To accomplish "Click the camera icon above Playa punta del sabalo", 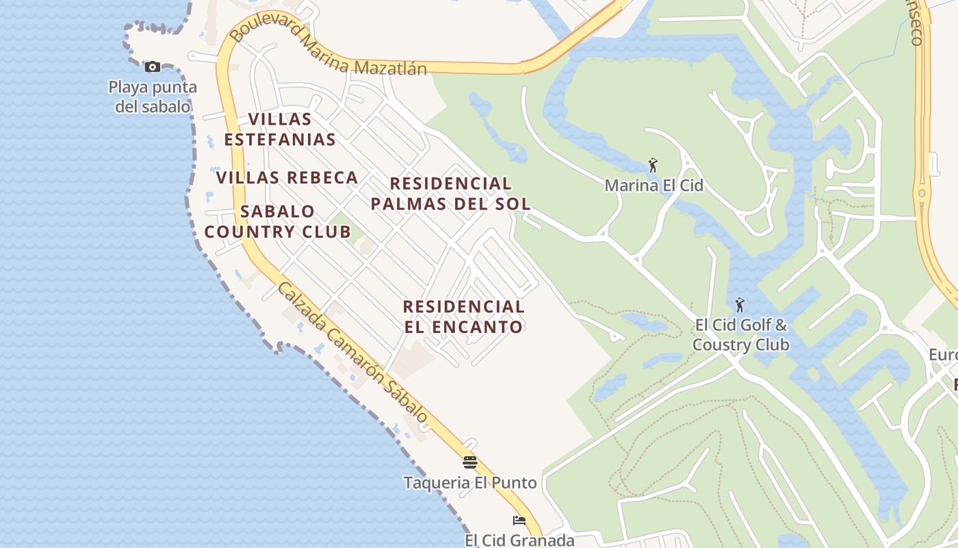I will coord(153,66).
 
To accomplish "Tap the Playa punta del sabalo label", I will coord(153,97).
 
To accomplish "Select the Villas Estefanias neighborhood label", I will coord(280,129).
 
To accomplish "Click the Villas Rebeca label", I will coord(287,177).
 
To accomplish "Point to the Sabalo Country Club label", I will coord(278,221).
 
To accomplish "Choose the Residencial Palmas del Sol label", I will coord(451,193).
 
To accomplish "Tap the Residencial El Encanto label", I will coord(464,316).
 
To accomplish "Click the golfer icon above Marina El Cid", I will coord(653,165).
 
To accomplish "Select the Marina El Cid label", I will coord(653,185).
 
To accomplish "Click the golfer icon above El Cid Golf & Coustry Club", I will coord(739,305).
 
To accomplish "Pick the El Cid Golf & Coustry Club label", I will coord(740,334).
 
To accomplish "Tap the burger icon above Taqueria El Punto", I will coord(469,462).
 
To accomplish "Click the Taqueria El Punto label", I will coord(470,482).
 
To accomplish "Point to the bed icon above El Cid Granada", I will coord(519,521).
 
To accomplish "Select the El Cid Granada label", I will coord(519,540).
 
